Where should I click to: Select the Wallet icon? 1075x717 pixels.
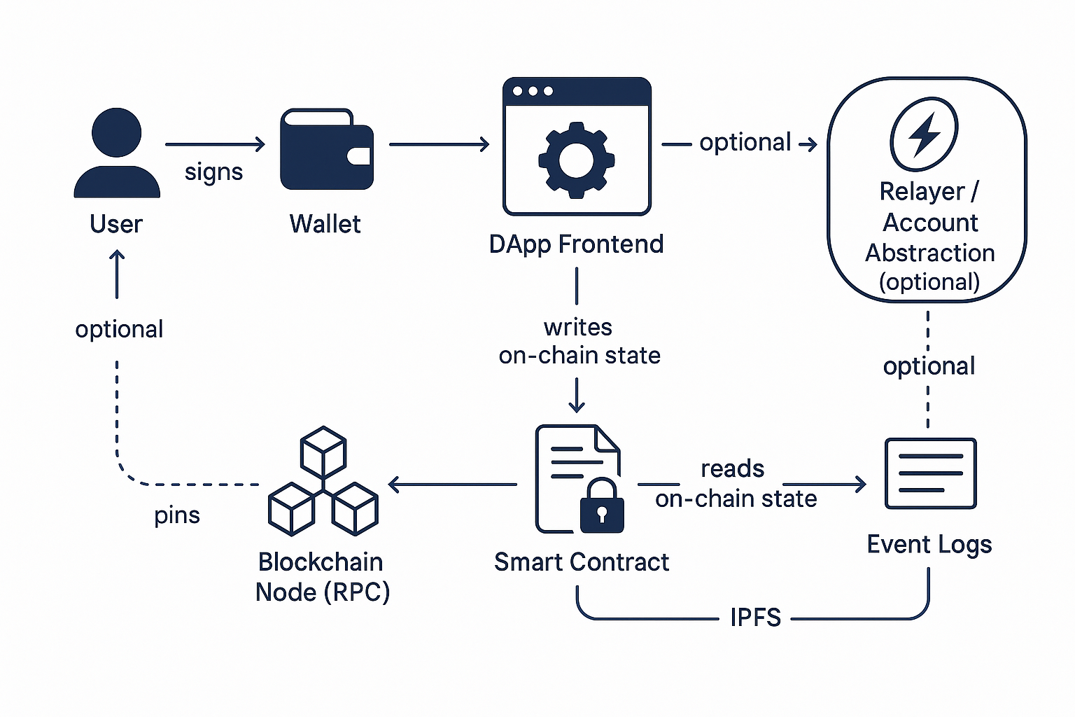coord(326,149)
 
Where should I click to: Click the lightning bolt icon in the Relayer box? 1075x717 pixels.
coord(924,134)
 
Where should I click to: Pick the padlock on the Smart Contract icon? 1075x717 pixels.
coord(601,506)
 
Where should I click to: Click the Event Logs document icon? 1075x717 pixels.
coord(930,473)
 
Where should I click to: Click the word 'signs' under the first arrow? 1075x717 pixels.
coord(213,172)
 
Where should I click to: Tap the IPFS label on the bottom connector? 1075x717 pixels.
coord(755,618)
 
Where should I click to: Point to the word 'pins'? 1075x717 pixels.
coord(177,515)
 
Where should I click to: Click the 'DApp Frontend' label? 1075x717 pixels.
coord(576,244)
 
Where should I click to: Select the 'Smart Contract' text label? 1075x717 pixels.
coord(581,562)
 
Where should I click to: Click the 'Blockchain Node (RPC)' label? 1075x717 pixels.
coord(322,577)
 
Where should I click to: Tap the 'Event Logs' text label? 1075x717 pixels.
coord(929,545)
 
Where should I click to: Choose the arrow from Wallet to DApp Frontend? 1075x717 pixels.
coord(439,145)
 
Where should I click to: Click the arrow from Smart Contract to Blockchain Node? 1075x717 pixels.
coord(452,484)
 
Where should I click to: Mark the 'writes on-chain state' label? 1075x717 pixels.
coord(579,342)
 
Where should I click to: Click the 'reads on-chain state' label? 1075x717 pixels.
coord(735,484)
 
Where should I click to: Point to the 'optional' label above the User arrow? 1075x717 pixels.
coord(119,329)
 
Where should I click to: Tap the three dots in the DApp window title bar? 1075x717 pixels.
coord(533,91)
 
